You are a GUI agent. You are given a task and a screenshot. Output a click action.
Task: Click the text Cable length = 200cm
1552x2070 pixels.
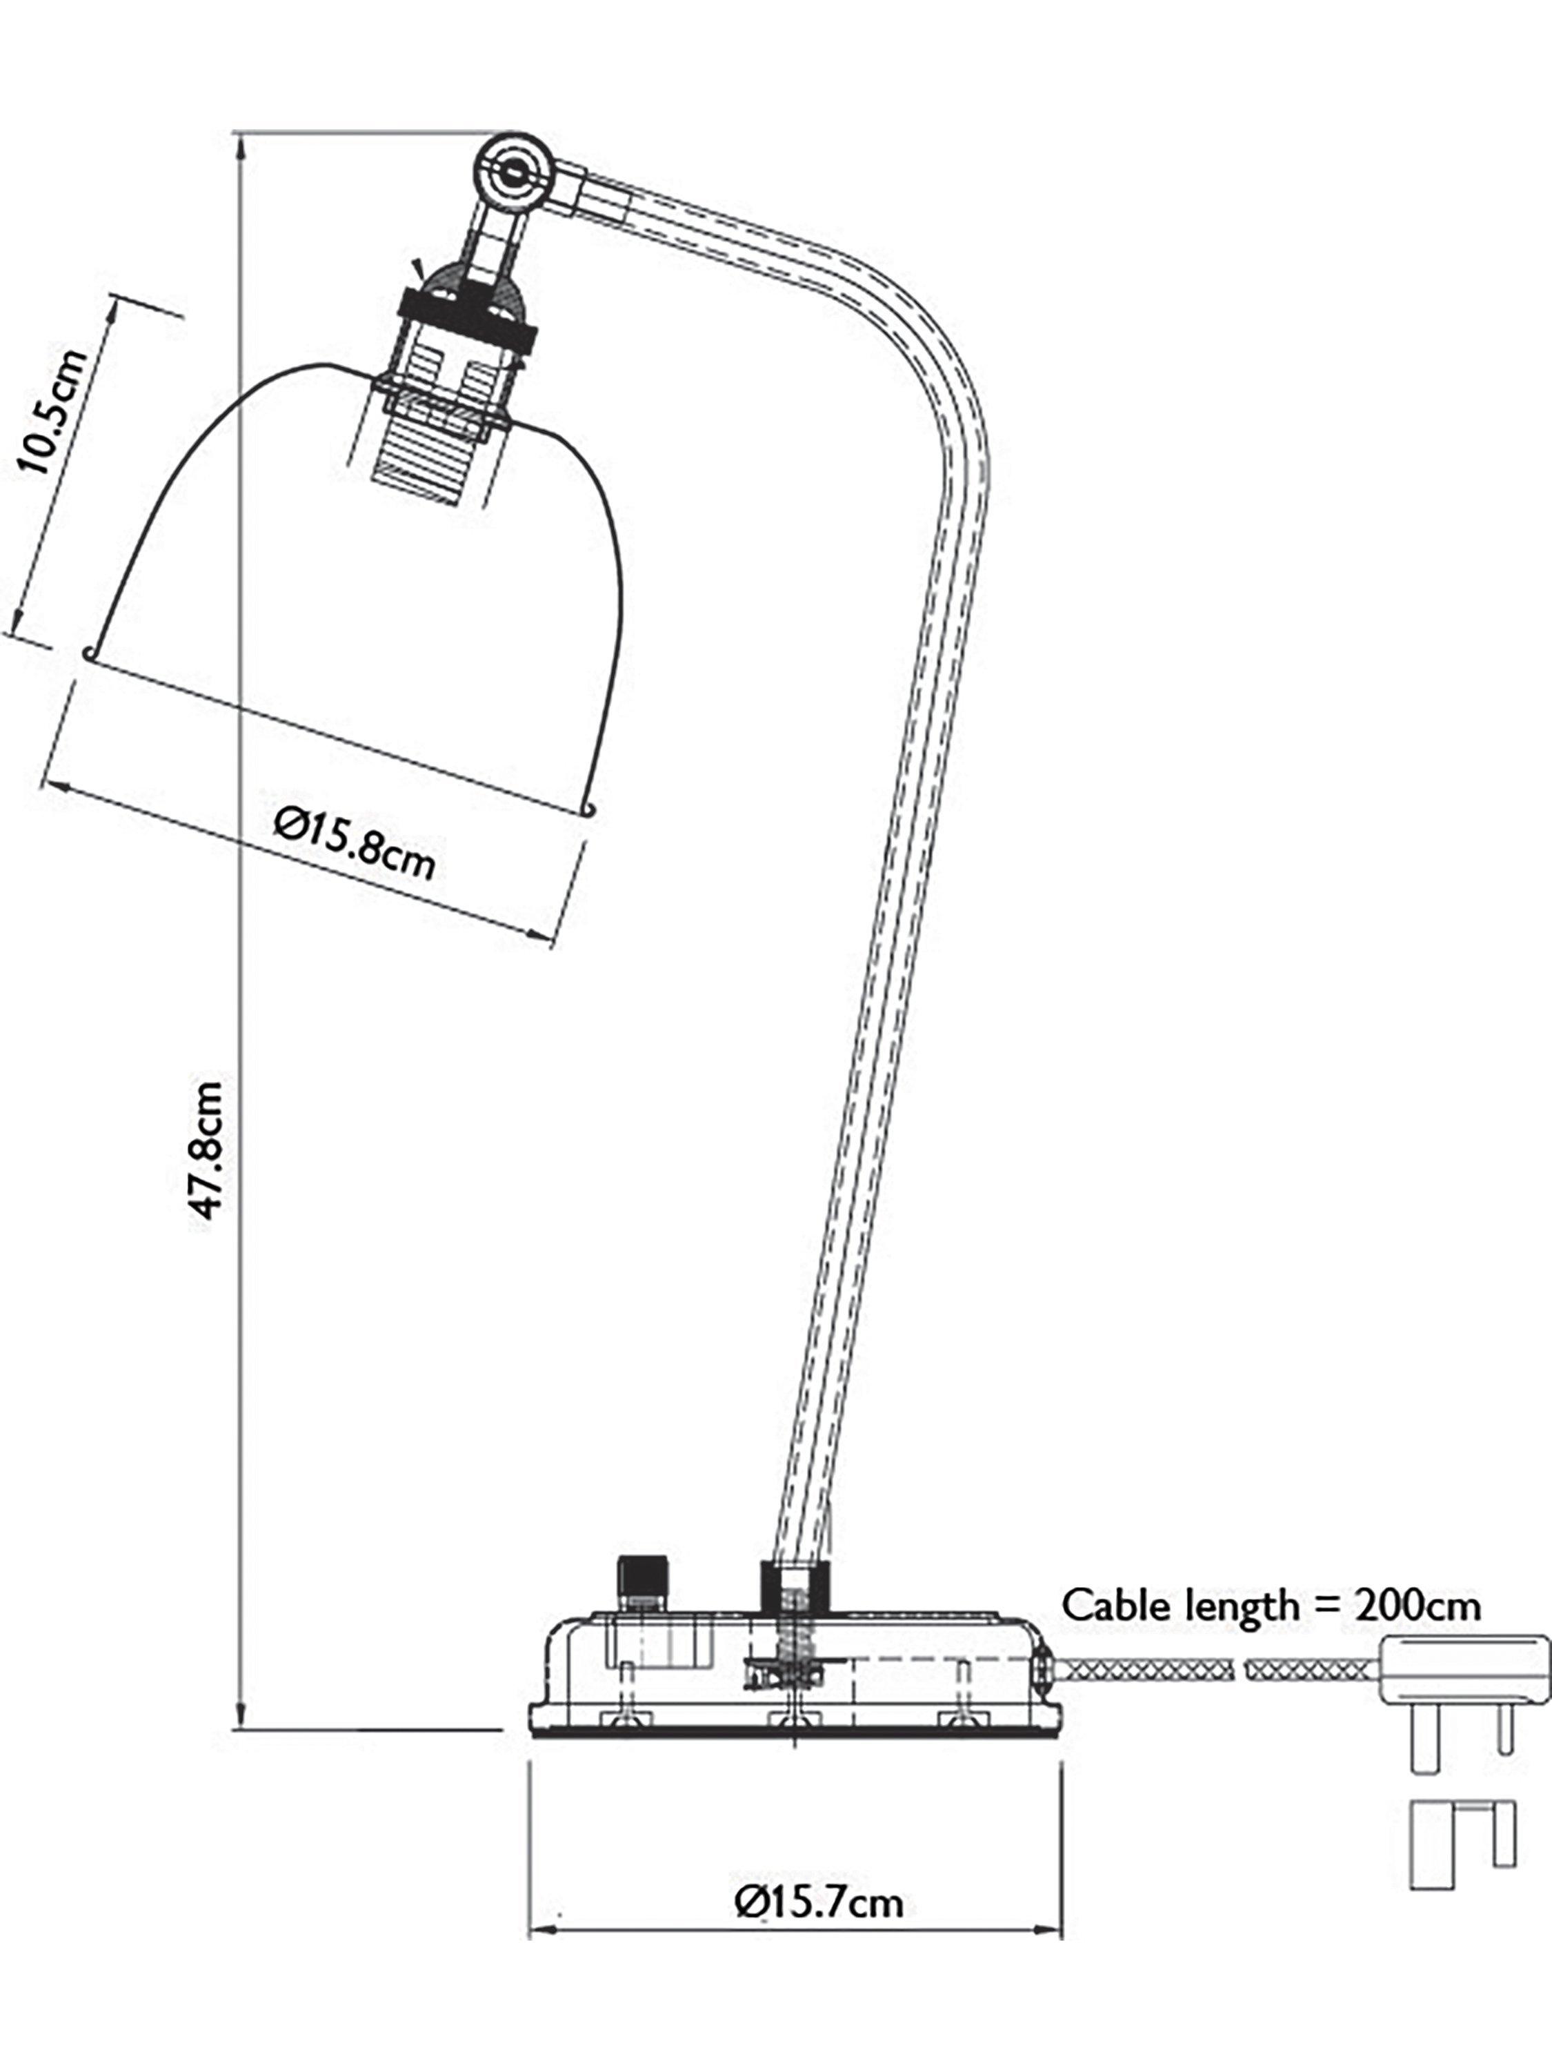(x=1271, y=1606)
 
